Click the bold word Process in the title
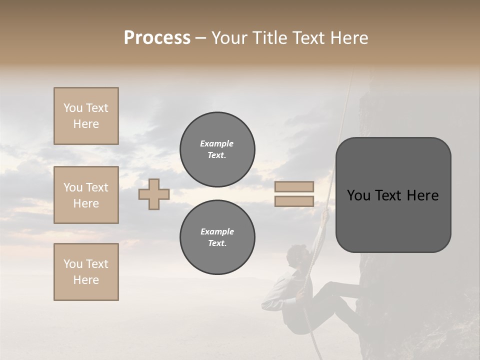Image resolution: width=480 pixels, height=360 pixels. pyautogui.click(x=157, y=38)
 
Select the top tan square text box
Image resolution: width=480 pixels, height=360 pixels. pyautogui.click(x=86, y=116)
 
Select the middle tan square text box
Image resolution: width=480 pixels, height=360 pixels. pyautogui.click(x=86, y=195)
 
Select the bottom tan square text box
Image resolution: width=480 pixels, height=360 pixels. pyautogui.click(x=86, y=272)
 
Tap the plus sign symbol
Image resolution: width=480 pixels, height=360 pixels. pyautogui.click(x=154, y=194)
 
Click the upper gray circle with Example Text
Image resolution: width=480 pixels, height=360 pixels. pyautogui.click(x=217, y=149)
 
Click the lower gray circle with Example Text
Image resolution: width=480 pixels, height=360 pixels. pyautogui.click(x=217, y=237)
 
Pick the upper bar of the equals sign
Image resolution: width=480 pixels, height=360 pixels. pyautogui.click(x=294, y=187)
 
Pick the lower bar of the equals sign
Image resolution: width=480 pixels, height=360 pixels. pyautogui.click(x=294, y=201)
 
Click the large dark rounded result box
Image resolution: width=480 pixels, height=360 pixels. pyautogui.click(x=393, y=195)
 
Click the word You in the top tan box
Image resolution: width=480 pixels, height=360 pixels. pyautogui.click(x=73, y=108)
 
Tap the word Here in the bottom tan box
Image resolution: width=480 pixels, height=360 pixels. pyautogui.click(x=86, y=280)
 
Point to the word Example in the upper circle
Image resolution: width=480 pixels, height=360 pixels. pyautogui.click(x=216, y=143)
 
